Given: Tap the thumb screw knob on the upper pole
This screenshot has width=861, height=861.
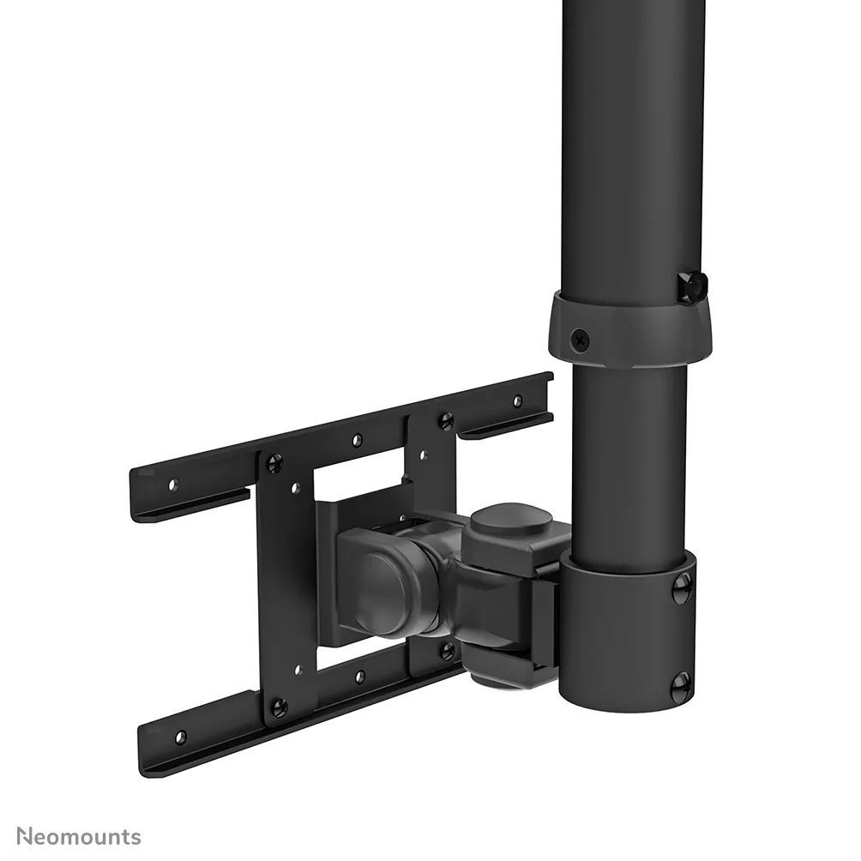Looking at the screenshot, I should [x=691, y=286].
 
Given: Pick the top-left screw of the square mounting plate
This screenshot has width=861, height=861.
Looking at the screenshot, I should [x=274, y=464].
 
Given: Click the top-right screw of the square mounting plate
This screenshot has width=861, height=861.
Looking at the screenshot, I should [x=445, y=421].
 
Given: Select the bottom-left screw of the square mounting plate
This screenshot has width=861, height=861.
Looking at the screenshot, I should [x=278, y=707].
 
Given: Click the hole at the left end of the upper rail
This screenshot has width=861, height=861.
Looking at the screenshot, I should [x=172, y=485].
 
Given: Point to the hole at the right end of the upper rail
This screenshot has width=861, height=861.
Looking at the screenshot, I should [x=517, y=400].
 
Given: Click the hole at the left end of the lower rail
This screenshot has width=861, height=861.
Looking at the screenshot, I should [x=180, y=737].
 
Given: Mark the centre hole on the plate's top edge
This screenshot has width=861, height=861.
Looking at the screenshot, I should [x=357, y=440].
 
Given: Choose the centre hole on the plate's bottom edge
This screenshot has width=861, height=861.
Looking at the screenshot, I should [x=359, y=677].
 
